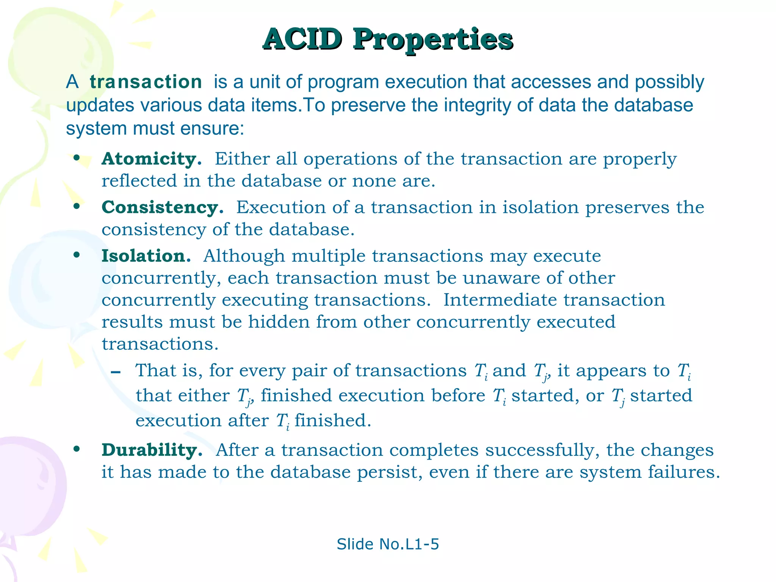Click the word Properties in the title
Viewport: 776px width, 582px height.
[x=433, y=39]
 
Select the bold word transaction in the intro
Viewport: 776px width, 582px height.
[x=146, y=82]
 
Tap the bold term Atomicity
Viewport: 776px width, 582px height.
[x=151, y=159]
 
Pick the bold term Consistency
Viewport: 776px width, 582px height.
[x=162, y=207]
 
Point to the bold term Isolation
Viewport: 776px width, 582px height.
[x=146, y=256]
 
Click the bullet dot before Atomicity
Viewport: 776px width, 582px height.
[x=77, y=158]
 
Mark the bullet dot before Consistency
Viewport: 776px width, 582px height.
[x=77, y=207]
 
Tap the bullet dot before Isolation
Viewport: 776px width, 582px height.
[x=77, y=255]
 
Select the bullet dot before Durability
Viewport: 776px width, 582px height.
[x=77, y=449]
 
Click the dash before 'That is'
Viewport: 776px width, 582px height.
[x=116, y=372]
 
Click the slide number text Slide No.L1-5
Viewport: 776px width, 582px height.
[x=388, y=544]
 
